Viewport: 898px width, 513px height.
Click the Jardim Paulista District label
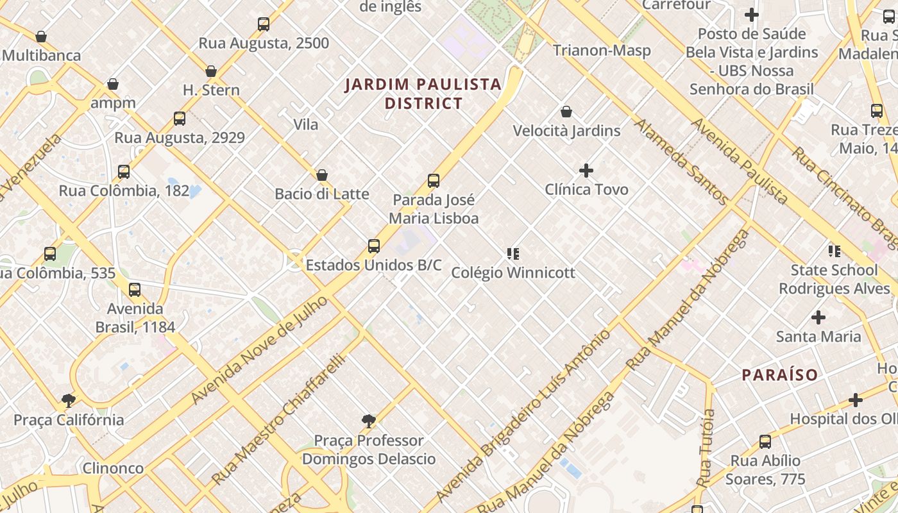click(423, 94)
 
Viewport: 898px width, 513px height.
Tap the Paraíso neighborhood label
click(779, 375)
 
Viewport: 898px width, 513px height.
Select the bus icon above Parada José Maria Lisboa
click(434, 181)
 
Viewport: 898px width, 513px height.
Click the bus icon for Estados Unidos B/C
click(374, 246)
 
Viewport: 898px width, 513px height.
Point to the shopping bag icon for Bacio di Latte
click(322, 175)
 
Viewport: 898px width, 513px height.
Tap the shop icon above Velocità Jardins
click(566, 112)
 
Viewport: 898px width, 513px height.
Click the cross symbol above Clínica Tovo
click(586, 171)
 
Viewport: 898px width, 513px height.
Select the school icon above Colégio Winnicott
click(513, 254)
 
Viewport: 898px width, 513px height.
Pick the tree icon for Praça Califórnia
click(69, 401)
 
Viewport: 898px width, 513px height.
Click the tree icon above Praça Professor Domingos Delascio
click(368, 421)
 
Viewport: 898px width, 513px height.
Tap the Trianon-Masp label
click(602, 51)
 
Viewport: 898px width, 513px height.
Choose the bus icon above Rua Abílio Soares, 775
click(765, 442)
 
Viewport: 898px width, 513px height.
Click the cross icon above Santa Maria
click(818, 317)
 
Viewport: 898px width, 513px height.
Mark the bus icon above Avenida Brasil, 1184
click(135, 290)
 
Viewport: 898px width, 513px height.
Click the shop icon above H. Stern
click(211, 71)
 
